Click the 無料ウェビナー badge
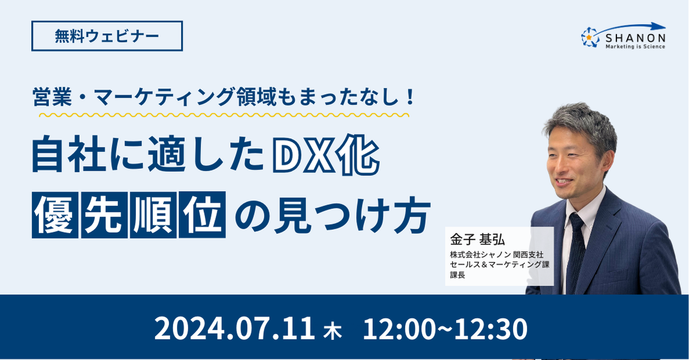(x=107, y=36)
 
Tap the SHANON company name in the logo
(x=636, y=38)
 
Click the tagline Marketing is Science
(x=636, y=46)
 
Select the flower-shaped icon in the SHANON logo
(x=590, y=37)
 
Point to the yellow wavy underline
(x=224, y=115)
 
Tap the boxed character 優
(x=55, y=215)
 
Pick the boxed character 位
(x=203, y=215)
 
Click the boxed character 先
(x=104, y=215)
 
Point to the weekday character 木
(x=332, y=330)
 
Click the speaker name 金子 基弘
(x=477, y=239)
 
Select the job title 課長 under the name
(x=457, y=275)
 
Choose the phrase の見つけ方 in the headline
(x=332, y=215)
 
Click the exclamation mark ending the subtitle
(x=411, y=96)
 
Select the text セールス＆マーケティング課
(x=500, y=265)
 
